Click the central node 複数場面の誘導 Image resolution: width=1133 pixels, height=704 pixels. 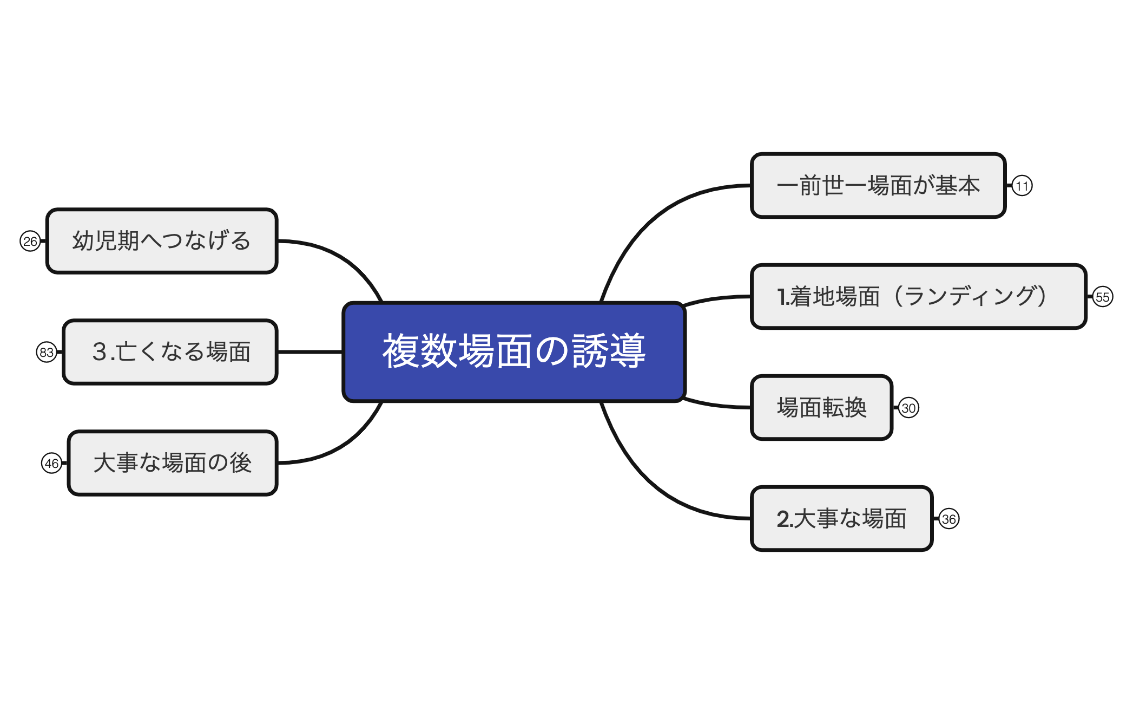(x=514, y=352)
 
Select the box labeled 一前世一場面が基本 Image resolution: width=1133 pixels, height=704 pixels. (x=878, y=186)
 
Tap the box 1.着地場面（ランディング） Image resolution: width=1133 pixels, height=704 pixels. (x=918, y=297)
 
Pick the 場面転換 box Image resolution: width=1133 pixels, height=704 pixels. (x=821, y=408)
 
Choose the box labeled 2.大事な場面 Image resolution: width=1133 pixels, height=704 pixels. (x=841, y=519)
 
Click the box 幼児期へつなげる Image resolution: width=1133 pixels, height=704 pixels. (x=162, y=241)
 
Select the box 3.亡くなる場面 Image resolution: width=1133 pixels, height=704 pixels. (x=170, y=352)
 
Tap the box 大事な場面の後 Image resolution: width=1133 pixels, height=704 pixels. (x=172, y=463)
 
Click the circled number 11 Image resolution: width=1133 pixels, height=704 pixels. (x=1022, y=186)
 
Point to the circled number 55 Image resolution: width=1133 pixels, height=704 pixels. (x=1102, y=297)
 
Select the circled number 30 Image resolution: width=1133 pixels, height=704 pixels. (x=908, y=408)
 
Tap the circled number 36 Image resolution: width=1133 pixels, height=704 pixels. (x=949, y=519)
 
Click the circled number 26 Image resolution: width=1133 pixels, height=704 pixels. (x=30, y=242)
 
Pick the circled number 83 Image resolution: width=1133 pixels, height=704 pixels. (x=47, y=353)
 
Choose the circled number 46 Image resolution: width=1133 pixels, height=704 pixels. (x=51, y=464)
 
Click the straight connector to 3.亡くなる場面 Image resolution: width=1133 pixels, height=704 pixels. (x=310, y=352)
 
